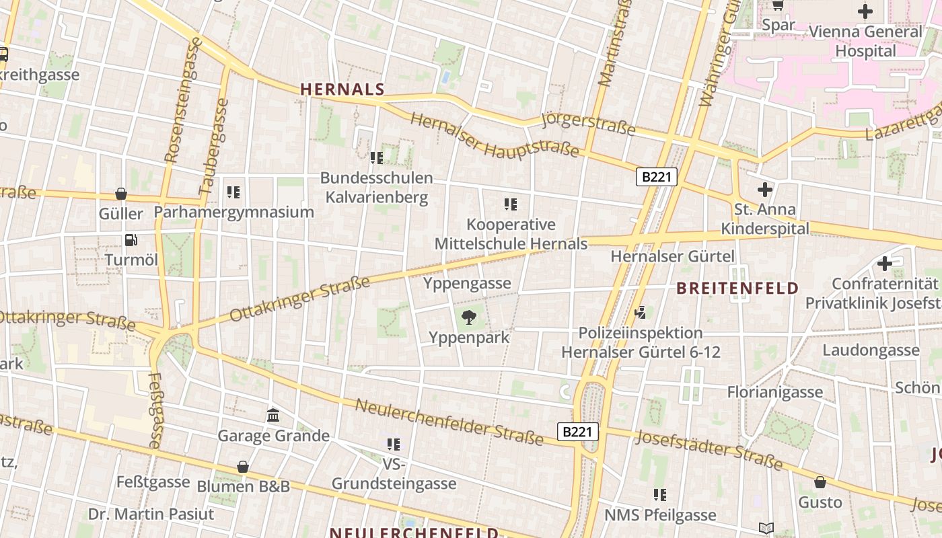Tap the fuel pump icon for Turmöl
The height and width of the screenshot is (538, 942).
pos(131,239)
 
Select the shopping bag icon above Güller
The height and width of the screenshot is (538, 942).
pos(121,194)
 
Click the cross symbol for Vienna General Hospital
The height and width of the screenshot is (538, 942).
pos(865,11)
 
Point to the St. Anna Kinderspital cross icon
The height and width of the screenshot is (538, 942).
pos(764,189)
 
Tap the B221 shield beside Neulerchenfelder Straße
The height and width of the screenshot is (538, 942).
pos(577,432)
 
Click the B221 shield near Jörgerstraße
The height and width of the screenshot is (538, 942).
pos(657,177)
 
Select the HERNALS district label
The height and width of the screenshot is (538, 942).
pos(342,89)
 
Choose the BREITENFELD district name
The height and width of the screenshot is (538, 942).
pos(737,289)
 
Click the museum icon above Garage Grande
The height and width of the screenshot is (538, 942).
pos(273,415)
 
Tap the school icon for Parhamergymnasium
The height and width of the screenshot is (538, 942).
pos(233,192)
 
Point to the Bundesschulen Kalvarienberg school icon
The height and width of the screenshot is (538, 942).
pos(376,158)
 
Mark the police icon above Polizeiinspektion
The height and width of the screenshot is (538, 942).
pos(641,312)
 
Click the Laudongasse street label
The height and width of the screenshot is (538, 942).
pos(871,350)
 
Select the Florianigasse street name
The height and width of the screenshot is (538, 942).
pos(775,391)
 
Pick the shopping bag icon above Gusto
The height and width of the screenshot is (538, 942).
pos(820,482)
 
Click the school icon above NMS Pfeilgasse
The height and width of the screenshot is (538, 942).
pos(660,495)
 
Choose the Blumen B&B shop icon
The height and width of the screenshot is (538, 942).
pos(243,467)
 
